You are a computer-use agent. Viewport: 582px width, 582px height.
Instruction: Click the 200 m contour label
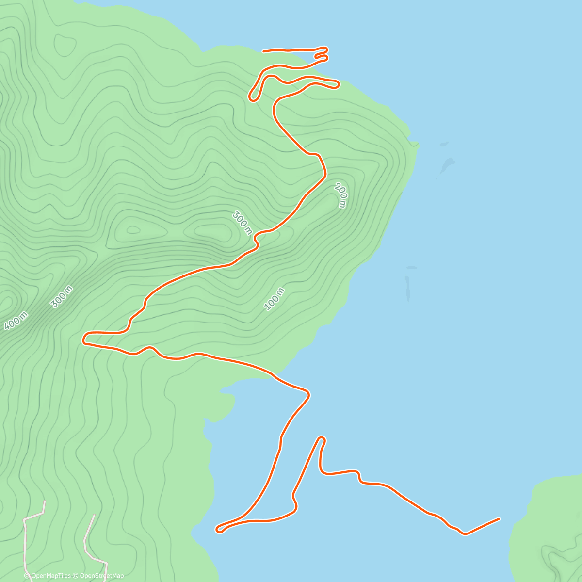[x=341, y=195]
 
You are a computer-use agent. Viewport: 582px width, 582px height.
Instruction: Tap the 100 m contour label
[x=274, y=298]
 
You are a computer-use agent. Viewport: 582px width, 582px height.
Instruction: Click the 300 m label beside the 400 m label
[x=62, y=296]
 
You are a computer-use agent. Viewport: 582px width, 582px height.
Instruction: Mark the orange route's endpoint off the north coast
[x=263, y=51]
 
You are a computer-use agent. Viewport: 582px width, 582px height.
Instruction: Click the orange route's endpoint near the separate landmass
[x=499, y=519]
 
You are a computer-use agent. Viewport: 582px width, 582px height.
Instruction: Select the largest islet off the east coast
[x=447, y=166]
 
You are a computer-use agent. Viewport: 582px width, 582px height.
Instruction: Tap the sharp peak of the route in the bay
[x=321, y=438]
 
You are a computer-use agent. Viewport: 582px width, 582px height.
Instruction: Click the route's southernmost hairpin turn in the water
[x=219, y=530]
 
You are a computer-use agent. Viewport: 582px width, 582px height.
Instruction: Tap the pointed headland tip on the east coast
[x=416, y=143]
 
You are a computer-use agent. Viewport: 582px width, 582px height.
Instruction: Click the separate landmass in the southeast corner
[x=548, y=529]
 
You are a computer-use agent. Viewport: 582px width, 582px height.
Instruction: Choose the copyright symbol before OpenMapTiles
[x=27, y=576]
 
